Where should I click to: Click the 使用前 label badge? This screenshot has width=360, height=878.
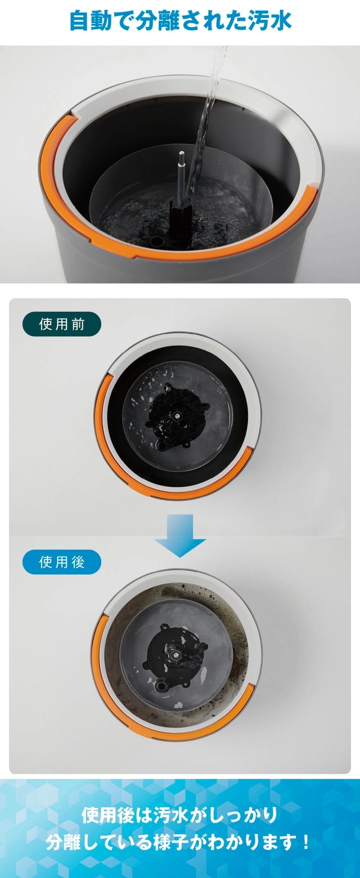(x=61, y=324)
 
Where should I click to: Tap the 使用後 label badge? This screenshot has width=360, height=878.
(x=61, y=562)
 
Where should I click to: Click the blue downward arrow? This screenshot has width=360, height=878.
(x=180, y=535)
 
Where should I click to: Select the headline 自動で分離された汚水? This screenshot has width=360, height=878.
(x=180, y=21)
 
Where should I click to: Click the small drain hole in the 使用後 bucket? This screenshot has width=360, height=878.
(x=161, y=686)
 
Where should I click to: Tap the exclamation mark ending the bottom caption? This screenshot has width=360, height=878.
(x=305, y=841)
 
